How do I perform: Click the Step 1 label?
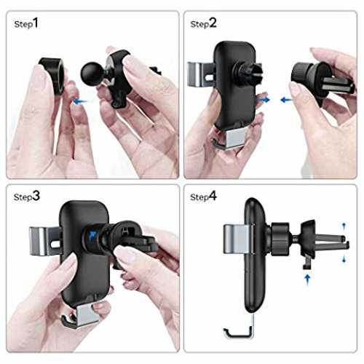point(26,23)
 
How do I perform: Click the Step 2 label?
point(203,23)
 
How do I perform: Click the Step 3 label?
point(27,197)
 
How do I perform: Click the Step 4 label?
point(203,197)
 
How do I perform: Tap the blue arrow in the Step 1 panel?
point(80,101)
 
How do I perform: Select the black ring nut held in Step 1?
point(52,75)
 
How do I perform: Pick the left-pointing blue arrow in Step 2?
point(286,100)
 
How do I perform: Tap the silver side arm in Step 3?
point(44,241)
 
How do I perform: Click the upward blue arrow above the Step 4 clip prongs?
point(344,227)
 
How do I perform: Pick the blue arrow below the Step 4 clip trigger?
point(307,279)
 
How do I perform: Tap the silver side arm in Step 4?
point(238,240)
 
